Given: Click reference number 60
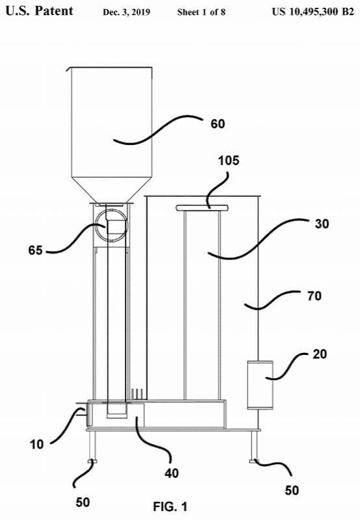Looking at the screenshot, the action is tap(218, 124).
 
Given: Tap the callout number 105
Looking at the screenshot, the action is tap(228, 161).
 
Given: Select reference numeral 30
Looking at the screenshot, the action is tap(322, 224).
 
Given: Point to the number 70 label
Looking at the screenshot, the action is tap(314, 296).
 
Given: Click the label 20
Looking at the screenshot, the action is tap(320, 354).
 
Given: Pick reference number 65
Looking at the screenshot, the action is tap(36, 250).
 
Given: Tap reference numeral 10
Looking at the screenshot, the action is tap(36, 445).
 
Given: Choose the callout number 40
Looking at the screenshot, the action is tap(172, 473).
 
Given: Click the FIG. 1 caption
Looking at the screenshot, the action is tap(170, 506).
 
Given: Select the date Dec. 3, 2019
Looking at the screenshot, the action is tap(126, 12).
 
